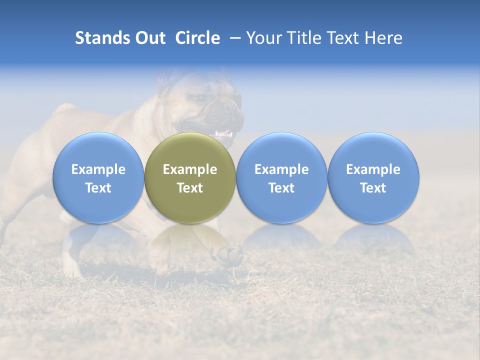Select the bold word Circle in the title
[x=197, y=38]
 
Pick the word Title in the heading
[x=303, y=38]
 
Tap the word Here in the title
[x=383, y=38]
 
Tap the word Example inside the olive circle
[x=190, y=169]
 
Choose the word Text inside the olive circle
[x=190, y=188]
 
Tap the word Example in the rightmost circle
[x=373, y=169]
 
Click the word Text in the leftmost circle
[x=98, y=188]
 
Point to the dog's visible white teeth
[x=223, y=134]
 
